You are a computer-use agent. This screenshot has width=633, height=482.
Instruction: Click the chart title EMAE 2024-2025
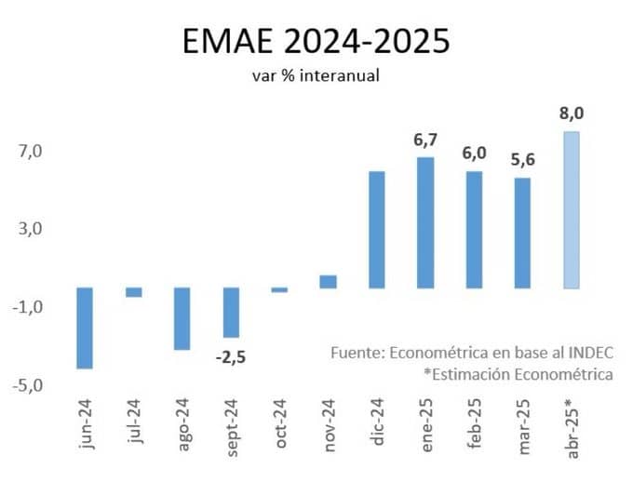(316, 41)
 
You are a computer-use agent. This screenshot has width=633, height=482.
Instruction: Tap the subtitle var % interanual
(316, 75)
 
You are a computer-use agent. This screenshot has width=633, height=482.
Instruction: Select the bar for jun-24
(85, 328)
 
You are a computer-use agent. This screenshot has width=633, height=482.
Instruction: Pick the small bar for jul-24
(134, 292)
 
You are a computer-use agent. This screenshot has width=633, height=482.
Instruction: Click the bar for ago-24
(182, 318)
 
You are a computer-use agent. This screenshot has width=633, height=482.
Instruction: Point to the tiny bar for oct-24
(279, 289)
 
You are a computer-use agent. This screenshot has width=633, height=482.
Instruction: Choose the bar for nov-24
(329, 282)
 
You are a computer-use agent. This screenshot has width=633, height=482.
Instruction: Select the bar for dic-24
(377, 230)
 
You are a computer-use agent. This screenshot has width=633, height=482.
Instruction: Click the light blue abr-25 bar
(572, 210)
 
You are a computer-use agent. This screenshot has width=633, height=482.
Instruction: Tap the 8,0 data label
(572, 114)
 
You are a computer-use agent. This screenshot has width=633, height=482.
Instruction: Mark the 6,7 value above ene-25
(425, 140)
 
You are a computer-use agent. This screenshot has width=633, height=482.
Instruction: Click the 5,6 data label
(523, 160)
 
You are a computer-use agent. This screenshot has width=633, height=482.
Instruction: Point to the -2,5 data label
(231, 357)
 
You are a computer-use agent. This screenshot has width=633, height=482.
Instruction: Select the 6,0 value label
(475, 154)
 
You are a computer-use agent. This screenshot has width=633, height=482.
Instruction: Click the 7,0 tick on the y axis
(31, 152)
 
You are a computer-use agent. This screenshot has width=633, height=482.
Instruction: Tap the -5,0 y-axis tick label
(27, 386)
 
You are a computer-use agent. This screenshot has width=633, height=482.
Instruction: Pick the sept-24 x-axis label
(232, 428)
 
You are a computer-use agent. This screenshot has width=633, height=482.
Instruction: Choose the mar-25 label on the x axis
(523, 427)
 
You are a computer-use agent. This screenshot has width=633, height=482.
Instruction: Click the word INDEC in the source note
(591, 353)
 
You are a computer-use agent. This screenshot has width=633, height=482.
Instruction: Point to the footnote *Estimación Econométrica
(519, 375)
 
